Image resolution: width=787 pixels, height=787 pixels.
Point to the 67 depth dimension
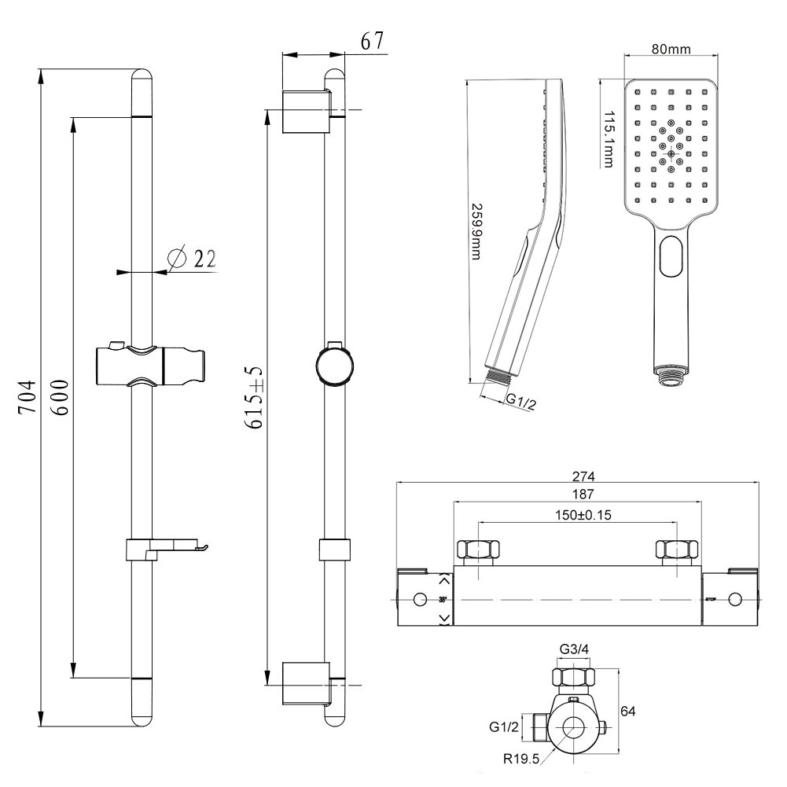373,42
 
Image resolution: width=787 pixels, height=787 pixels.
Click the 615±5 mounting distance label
253,398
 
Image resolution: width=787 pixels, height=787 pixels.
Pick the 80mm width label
671,50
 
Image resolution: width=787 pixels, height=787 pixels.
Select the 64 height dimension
627,711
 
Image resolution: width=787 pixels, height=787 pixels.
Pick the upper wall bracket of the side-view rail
306,112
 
